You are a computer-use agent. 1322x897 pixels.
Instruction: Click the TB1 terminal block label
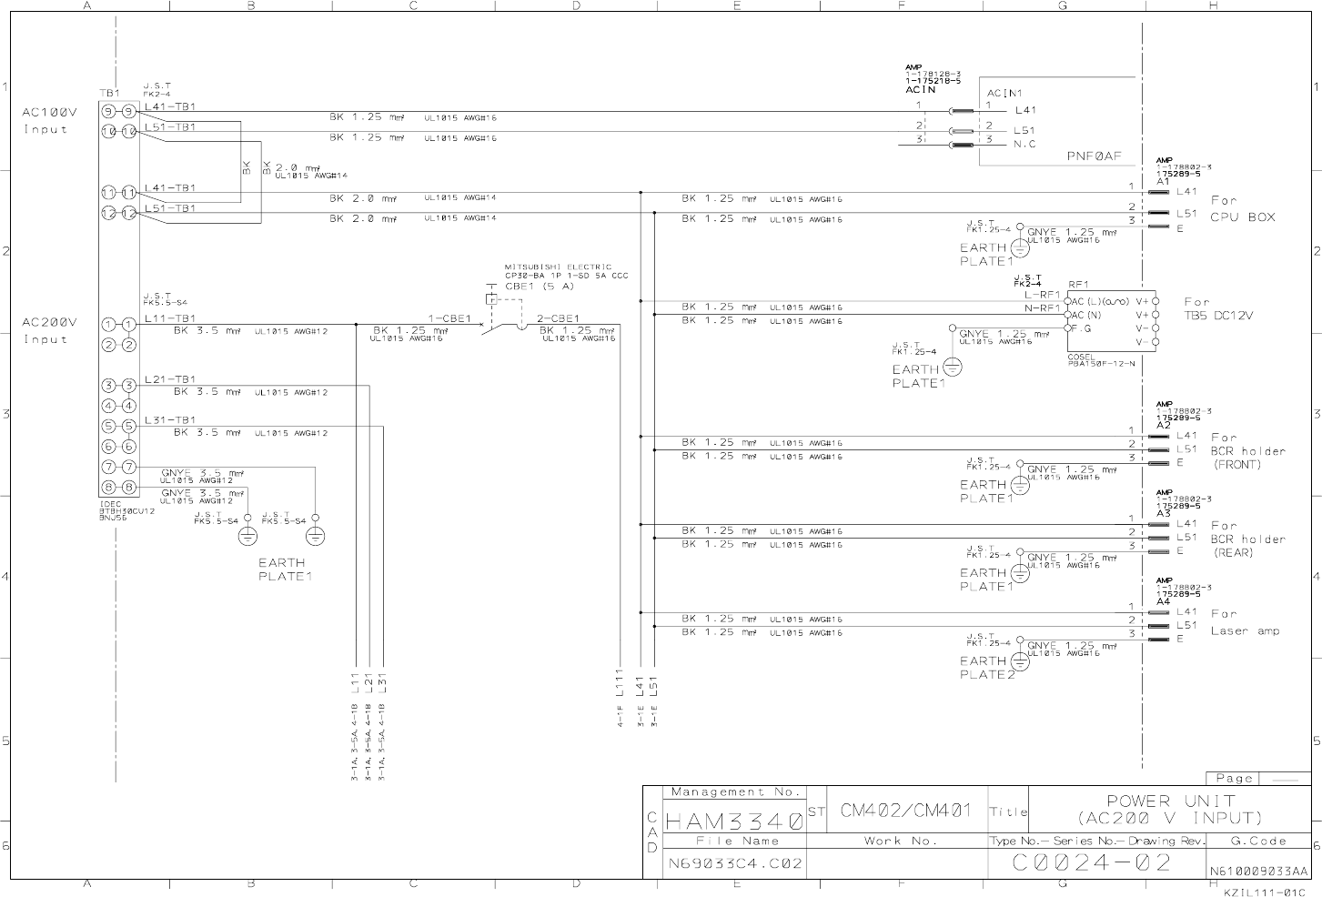click(x=109, y=94)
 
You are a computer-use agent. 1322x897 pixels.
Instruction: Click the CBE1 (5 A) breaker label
click(x=540, y=286)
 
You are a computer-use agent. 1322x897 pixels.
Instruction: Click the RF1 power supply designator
click(x=1078, y=284)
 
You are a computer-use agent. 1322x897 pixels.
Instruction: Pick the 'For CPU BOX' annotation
click(x=1242, y=208)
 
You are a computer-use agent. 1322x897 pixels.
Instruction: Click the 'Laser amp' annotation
click(x=1244, y=630)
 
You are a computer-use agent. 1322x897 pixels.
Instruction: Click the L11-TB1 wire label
click(x=170, y=318)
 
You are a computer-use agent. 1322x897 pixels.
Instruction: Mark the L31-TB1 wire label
click(x=170, y=420)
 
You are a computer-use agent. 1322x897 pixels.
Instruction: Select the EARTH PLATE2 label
click(x=985, y=668)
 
